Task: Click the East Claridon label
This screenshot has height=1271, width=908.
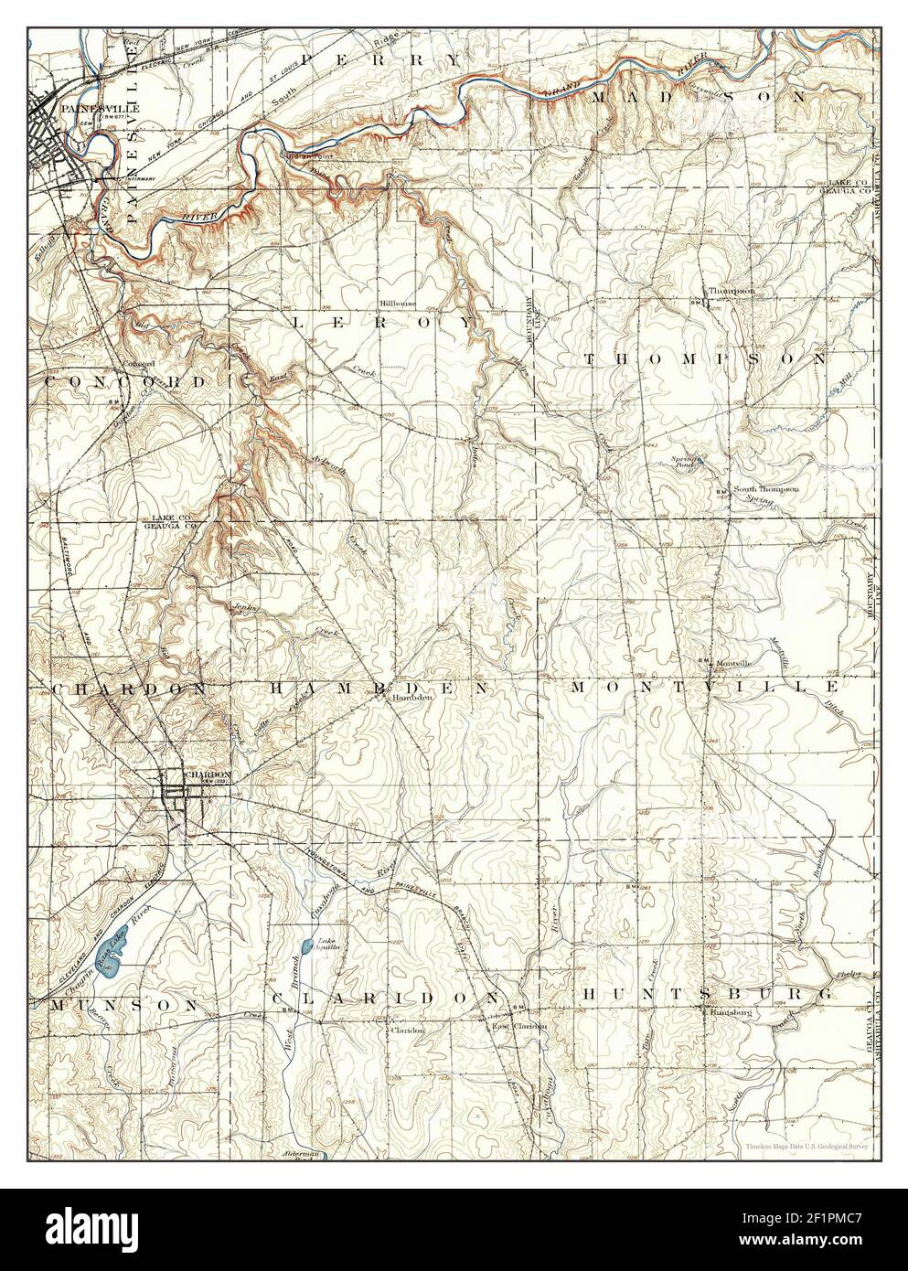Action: (x=518, y=1026)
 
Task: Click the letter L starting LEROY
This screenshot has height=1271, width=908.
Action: (x=299, y=322)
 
